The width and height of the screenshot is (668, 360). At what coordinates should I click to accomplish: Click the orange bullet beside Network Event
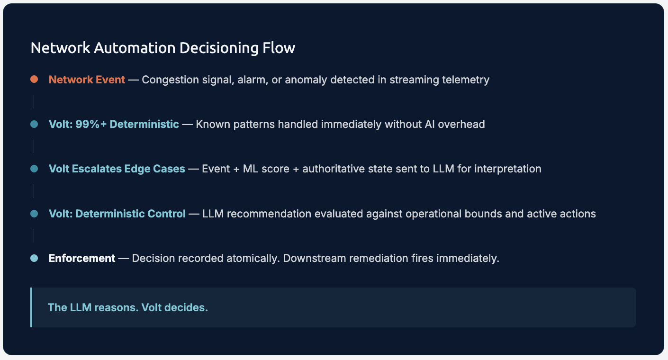click(x=34, y=80)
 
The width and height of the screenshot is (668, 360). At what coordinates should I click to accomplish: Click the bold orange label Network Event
click(x=87, y=80)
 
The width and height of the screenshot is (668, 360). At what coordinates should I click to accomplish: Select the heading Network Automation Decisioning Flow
click(x=162, y=48)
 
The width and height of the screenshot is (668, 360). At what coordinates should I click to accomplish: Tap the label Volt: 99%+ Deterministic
click(x=114, y=124)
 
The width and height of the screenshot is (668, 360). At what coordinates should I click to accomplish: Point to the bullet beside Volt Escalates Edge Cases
click(x=34, y=169)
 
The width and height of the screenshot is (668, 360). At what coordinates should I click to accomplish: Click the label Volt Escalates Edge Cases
click(x=117, y=169)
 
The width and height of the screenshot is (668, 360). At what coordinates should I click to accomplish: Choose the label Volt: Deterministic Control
click(x=117, y=214)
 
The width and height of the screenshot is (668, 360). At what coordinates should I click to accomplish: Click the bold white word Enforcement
click(x=82, y=258)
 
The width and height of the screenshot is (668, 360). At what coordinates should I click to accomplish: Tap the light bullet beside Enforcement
click(x=34, y=258)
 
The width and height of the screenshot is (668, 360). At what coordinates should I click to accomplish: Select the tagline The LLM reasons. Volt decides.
click(x=128, y=307)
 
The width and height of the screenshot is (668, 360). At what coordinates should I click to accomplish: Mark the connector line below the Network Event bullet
click(x=34, y=101)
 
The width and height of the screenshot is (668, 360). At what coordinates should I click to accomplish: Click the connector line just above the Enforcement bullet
click(x=34, y=235)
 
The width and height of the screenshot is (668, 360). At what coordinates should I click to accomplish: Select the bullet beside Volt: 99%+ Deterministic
click(x=34, y=124)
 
